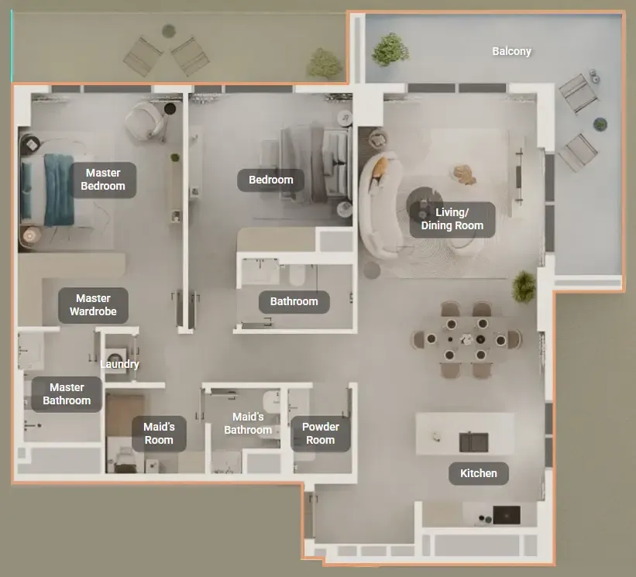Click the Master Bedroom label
[x=103, y=180]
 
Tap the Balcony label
[x=511, y=51]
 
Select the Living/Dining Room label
[x=452, y=219]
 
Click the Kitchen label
[x=479, y=473]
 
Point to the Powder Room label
[x=321, y=434]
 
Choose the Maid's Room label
[x=159, y=434]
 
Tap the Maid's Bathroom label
[x=248, y=424]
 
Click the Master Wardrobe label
[x=93, y=305]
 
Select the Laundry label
[x=119, y=364]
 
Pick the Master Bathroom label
[x=67, y=394]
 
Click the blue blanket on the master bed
[x=59, y=190]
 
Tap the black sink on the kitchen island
[x=473, y=442]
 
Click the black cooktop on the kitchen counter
[x=507, y=515]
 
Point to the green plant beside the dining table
[x=524, y=287]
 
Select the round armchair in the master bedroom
[x=146, y=121]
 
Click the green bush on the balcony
[x=390, y=50]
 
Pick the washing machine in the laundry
[x=116, y=357]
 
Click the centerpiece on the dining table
[x=467, y=339]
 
